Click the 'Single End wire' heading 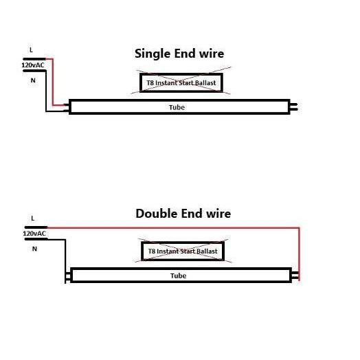coord(179,54)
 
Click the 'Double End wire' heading coord(183,214)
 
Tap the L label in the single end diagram coord(31,49)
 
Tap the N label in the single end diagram coord(33,80)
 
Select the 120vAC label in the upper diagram coord(33,65)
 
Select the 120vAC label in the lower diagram coord(34,234)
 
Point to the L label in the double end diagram coord(32,218)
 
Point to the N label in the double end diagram coord(34,249)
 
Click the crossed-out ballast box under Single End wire coord(181,82)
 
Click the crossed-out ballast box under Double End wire coord(183,251)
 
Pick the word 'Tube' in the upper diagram coord(177,107)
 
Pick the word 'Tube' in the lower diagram coord(178,275)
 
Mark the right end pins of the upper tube coord(294,106)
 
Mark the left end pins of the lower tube coord(68,277)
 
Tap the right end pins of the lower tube coord(295,275)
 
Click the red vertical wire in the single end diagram coord(53,82)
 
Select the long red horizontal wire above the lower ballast coord(173,228)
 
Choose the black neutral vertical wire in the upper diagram coord(46,91)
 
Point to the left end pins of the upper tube coord(67,108)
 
